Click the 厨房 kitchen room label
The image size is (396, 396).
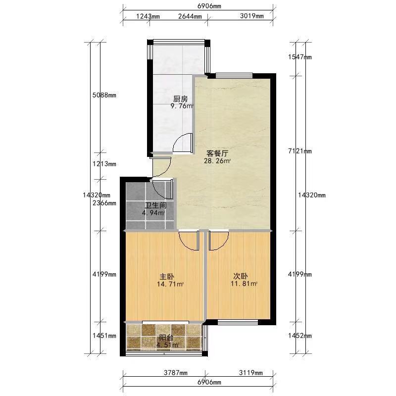click(x=181, y=99)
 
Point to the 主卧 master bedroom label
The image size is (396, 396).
click(x=167, y=277)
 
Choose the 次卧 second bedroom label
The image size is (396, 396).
click(x=241, y=276)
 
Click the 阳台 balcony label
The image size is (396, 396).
click(x=166, y=338)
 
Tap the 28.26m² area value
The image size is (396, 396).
click(x=217, y=161)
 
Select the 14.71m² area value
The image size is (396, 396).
click(x=170, y=284)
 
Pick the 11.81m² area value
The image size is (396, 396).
click(x=244, y=284)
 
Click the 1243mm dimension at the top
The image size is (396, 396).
click(x=148, y=16)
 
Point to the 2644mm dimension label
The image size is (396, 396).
click(x=190, y=16)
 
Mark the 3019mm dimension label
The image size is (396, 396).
click(x=252, y=16)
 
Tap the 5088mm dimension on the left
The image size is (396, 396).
click(x=104, y=95)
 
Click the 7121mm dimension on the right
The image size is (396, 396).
click(x=300, y=151)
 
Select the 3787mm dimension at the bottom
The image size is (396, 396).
click(x=176, y=373)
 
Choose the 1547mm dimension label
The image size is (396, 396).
click(x=300, y=57)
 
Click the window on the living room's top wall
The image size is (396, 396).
click(x=234, y=75)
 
